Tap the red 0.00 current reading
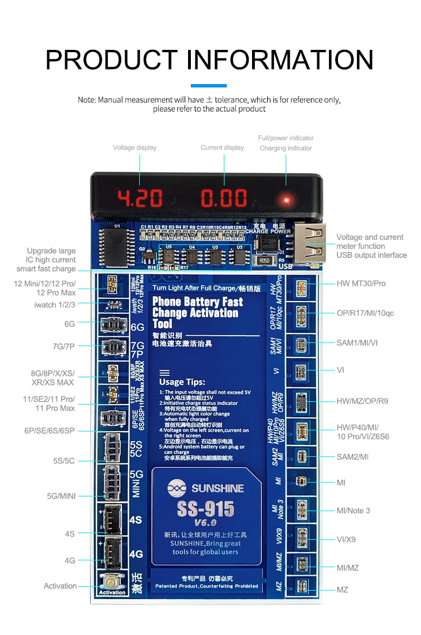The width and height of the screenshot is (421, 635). pyautogui.click(x=224, y=198)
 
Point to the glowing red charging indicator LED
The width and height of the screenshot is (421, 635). pyautogui.click(x=286, y=200)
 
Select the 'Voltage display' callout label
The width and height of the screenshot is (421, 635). pyautogui.click(x=135, y=147)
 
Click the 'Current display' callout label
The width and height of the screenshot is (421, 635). pyautogui.click(x=222, y=147)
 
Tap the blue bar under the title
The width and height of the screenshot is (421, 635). pyautogui.click(x=209, y=86)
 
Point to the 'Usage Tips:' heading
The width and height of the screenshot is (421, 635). pyautogui.click(x=182, y=382)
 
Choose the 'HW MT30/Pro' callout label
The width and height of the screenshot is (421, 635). pyautogui.click(x=361, y=283)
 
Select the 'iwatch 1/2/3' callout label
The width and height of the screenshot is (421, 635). pyautogui.click(x=54, y=304)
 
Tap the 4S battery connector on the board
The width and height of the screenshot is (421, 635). pyautogui.click(x=111, y=519)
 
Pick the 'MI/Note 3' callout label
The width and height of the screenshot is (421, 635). pyautogui.click(x=353, y=511)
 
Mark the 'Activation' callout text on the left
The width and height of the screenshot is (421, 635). pyautogui.click(x=60, y=586)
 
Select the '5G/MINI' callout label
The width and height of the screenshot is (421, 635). pyautogui.click(x=61, y=496)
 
